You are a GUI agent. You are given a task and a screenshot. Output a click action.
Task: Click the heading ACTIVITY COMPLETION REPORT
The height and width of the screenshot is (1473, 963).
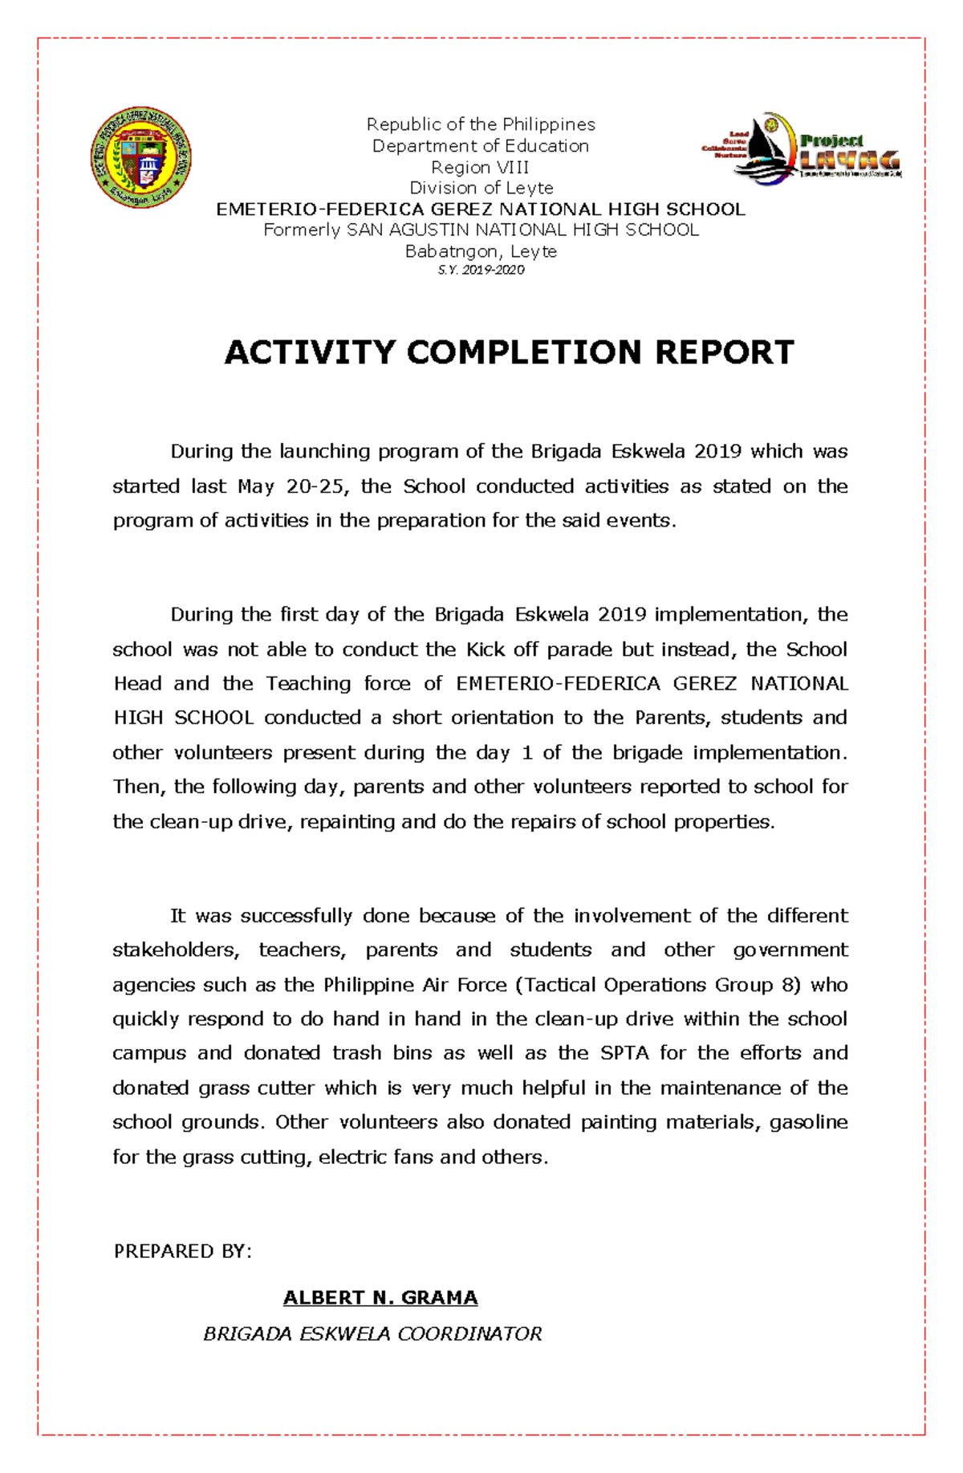[x=509, y=352]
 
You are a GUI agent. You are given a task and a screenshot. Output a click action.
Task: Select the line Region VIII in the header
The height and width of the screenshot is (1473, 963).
[x=480, y=167]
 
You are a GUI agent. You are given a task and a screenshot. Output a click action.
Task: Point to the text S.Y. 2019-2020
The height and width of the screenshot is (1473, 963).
[x=481, y=270]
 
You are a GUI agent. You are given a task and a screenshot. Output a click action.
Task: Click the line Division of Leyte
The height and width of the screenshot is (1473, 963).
[x=481, y=188]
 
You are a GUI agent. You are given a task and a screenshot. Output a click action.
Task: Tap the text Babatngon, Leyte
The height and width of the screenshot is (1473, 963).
[x=481, y=251]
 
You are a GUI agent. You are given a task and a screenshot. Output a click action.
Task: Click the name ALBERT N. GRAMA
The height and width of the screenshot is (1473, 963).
[x=380, y=1297]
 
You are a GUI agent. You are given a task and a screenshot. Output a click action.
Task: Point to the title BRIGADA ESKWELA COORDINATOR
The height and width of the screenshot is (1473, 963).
[x=372, y=1333]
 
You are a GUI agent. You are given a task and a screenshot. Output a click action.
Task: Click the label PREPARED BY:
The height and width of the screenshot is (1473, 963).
[x=182, y=1251]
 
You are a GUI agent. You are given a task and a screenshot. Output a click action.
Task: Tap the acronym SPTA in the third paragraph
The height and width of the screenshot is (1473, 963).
[x=624, y=1053]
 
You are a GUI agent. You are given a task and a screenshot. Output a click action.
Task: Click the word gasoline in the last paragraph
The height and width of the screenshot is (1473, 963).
[x=808, y=1121]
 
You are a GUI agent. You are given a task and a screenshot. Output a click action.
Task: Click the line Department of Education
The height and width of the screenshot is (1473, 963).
[x=481, y=146]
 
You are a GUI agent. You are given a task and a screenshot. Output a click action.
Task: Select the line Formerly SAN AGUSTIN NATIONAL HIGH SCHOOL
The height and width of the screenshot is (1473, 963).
[x=481, y=230]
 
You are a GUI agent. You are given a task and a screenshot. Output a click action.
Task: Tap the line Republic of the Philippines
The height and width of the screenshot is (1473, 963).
[x=481, y=124]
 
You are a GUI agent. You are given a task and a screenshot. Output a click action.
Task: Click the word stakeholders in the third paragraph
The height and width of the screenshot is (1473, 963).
[x=175, y=950]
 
